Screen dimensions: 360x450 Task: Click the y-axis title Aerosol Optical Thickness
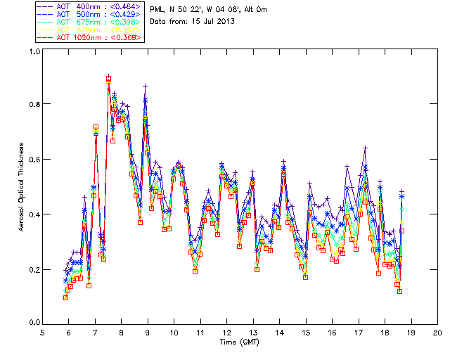pyautogui.click(x=22, y=186)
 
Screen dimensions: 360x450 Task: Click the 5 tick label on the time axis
pyautogui.click(x=43, y=332)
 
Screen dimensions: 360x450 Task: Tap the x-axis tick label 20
pyautogui.click(x=437, y=332)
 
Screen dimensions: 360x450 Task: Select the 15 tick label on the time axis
pyautogui.click(x=306, y=332)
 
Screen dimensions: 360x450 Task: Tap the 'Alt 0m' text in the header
pyautogui.click(x=254, y=9)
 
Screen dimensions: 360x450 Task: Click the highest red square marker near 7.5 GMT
pyautogui.click(x=108, y=79)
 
